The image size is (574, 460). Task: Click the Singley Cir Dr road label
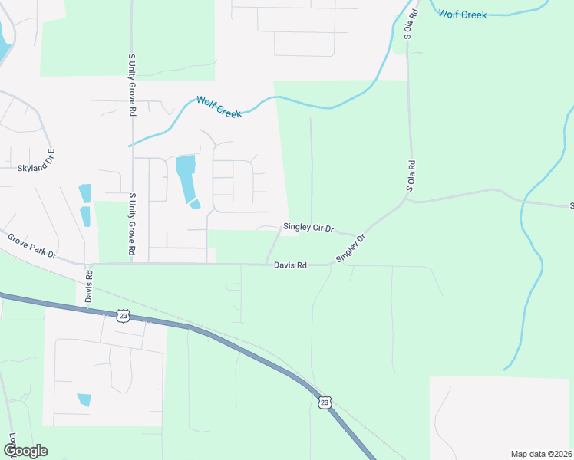coord(308,228)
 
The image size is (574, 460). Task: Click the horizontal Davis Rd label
coord(290,265)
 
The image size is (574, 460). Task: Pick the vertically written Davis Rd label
coord(89,285)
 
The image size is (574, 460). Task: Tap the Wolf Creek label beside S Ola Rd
coord(463,15)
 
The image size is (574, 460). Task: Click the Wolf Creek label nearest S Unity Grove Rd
coord(219,107)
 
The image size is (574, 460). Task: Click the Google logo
coord(25,451)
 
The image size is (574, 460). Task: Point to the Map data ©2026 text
coord(541,454)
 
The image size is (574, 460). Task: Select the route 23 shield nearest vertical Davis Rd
coord(123,314)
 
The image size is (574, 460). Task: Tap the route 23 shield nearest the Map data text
coord(325,401)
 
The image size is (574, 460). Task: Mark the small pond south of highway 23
coord(84,399)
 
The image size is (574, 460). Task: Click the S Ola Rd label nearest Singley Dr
coord(411,176)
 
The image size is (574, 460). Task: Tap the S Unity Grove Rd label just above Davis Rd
coord(132,224)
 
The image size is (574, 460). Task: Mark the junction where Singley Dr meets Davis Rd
coord(333,265)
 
